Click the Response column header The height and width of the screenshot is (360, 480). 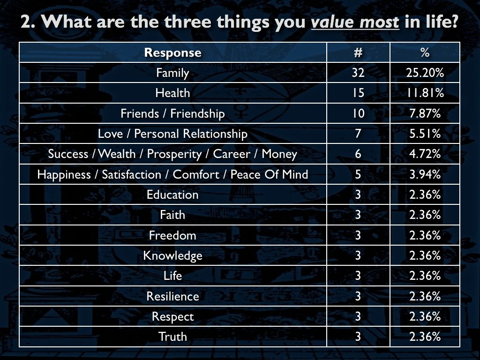(172, 52)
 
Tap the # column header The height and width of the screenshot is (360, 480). (358, 52)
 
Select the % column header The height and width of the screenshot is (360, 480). (425, 52)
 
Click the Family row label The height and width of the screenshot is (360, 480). (172, 73)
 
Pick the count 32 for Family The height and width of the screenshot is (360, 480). (358, 73)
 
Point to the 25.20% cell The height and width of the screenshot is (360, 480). (425, 73)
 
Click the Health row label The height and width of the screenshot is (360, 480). (172, 93)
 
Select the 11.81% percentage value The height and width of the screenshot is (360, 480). (425, 93)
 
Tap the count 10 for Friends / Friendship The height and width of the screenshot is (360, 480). (358, 113)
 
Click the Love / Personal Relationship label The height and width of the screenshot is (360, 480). (172, 134)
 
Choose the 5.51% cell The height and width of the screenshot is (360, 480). (425, 134)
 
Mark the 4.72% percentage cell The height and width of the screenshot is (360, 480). (425, 154)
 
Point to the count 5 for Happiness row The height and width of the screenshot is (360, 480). (358, 174)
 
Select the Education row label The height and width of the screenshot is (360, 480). (172, 195)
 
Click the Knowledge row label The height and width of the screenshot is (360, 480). (172, 256)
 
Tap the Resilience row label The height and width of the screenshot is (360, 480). (172, 296)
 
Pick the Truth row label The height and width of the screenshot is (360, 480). (172, 337)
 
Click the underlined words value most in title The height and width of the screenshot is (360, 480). (355, 22)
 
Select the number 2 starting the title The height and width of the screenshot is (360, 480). (26, 22)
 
